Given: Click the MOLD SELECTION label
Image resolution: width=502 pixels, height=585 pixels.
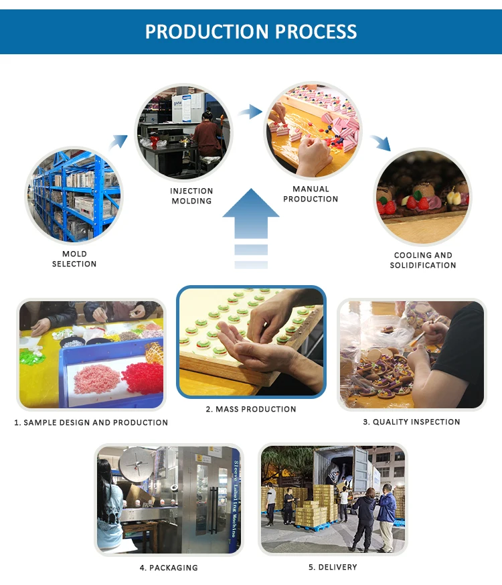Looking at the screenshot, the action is (x=74, y=259).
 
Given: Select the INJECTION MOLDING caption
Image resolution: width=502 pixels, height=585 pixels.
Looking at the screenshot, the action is (x=191, y=196).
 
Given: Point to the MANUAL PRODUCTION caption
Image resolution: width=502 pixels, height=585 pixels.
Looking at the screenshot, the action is (x=311, y=194).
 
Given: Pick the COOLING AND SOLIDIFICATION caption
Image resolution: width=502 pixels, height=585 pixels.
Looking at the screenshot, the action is (x=423, y=260).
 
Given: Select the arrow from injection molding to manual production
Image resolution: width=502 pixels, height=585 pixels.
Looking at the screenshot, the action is (x=250, y=112).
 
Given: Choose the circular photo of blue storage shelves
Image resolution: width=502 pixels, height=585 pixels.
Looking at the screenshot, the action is (x=74, y=195).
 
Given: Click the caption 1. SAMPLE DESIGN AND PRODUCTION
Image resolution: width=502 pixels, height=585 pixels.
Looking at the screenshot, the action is (x=91, y=423).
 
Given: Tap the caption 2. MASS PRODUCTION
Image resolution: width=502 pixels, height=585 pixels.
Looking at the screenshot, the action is (x=250, y=409).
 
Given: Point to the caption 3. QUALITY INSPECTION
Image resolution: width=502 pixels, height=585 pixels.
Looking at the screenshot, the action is (x=412, y=422).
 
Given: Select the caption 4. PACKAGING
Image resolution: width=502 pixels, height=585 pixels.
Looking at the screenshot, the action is (x=169, y=568).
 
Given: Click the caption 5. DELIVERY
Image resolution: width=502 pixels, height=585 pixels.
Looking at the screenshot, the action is (x=333, y=567).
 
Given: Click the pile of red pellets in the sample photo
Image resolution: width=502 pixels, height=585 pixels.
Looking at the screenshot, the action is (x=142, y=378).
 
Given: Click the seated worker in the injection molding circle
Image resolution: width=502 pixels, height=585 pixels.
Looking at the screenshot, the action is (x=207, y=134).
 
